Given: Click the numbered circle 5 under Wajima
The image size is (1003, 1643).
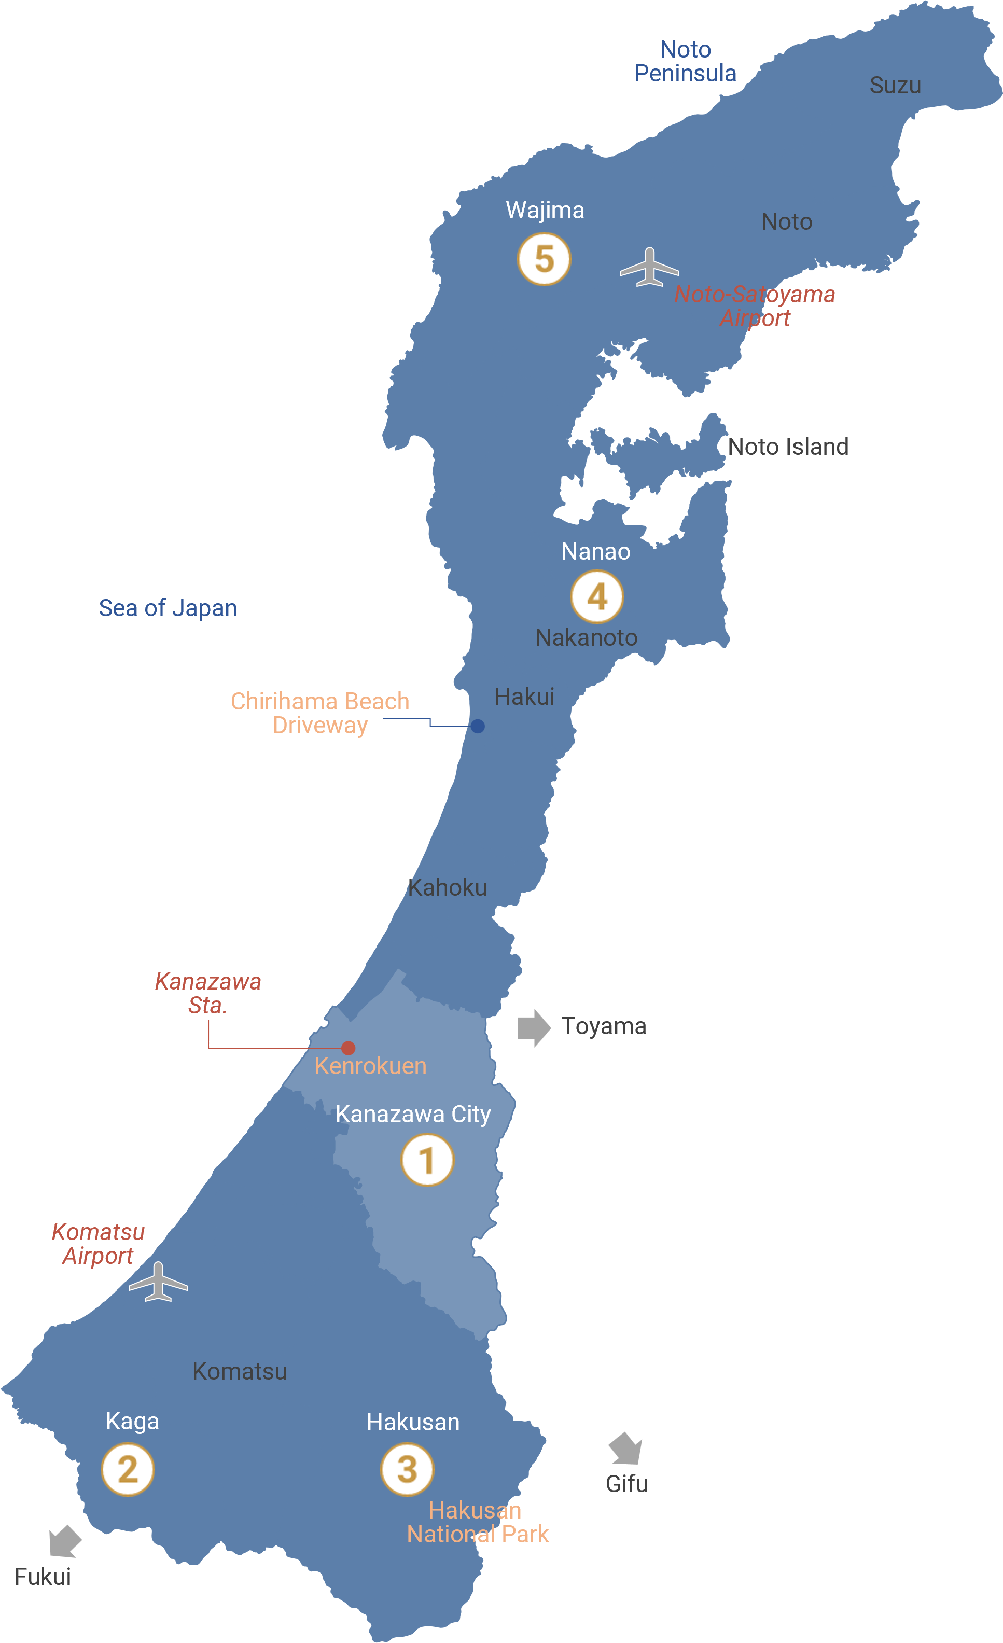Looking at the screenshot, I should click(x=544, y=259).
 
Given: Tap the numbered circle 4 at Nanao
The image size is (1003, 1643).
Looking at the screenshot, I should click(x=597, y=596).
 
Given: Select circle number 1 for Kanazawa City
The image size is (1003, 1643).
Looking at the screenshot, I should click(x=427, y=1160).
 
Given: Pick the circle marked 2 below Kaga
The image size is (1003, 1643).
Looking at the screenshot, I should click(x=128, y=1469).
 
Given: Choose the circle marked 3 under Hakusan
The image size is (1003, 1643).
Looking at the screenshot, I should click(x=407, y=1469).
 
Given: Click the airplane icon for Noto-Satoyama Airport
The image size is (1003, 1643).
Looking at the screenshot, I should click(x=649, y=268).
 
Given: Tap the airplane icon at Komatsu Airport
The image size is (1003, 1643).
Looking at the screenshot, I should click(x=158, y=1282).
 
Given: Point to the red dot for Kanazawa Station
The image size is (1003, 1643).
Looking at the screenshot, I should click(x=348, y=1048).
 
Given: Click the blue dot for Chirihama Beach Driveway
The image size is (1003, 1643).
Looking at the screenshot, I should click(x=478, y=726).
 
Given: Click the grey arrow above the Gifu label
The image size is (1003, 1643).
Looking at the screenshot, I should click(x=625, y=1447).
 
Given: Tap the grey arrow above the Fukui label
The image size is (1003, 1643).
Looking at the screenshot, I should click(x=65, y=1541).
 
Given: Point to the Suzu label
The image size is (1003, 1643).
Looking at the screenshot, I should click(x=895, y=86).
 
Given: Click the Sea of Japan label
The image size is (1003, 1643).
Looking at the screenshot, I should click(x=168, y=608).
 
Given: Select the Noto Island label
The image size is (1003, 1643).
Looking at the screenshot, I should click(x=788, y=447).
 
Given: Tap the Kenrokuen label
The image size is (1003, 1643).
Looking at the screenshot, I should click(x=370, y=1066).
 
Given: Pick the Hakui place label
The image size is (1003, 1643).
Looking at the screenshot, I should click(x=524, y=697).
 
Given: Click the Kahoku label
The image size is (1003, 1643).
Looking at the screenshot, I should click(x=447, y=887).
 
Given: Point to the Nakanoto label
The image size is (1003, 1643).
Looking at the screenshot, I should click(x=586, y=637).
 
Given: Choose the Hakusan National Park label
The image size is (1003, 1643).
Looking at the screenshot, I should click(x=478, y=1522).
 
